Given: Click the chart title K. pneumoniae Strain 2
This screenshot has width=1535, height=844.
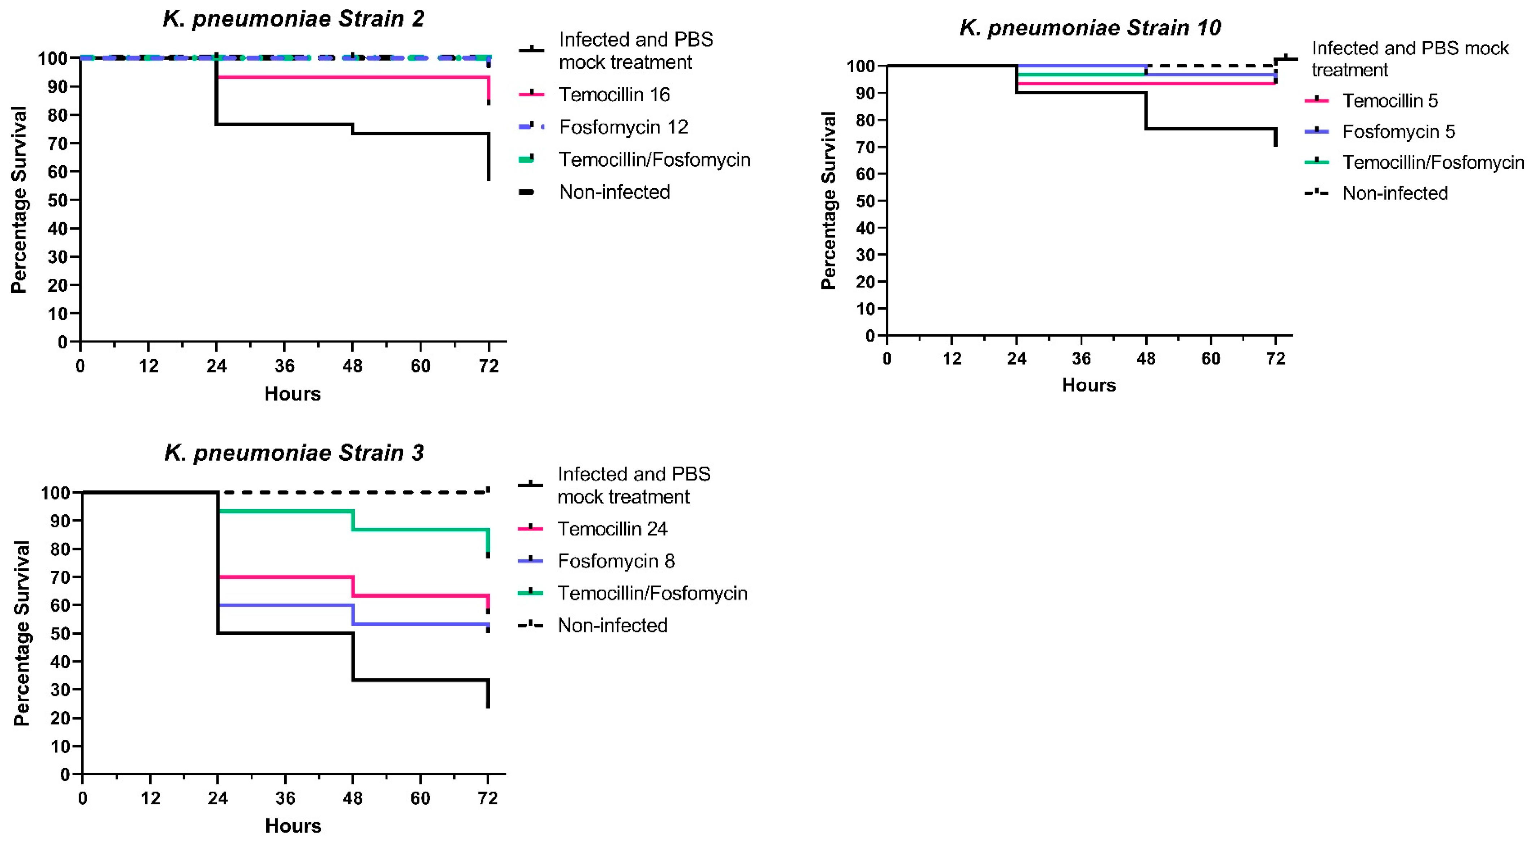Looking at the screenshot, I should click(293, 19).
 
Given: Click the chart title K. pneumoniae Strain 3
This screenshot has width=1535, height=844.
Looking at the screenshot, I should click(294, 453).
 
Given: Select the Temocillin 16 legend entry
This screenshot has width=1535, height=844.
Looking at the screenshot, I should click(614, 95).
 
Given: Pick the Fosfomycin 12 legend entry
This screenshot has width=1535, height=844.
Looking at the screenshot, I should click(623, 127).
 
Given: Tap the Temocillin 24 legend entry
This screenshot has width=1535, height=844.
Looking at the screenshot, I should click(612, 529).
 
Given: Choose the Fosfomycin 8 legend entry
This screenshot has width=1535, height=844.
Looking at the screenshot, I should click(616, 561).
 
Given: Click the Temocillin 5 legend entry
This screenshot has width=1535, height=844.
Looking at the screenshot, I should click(1390, 101).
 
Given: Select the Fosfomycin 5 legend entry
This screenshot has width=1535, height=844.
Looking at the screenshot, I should click(1398, 132).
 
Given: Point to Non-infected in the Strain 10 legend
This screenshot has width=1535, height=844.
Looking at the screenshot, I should click(1394, 193).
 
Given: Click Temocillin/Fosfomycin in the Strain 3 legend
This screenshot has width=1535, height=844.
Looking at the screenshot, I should click(652, 593).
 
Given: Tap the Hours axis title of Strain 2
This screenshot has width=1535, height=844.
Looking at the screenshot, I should click(293, 394).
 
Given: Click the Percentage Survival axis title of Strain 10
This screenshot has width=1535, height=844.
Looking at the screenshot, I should click(828, 201).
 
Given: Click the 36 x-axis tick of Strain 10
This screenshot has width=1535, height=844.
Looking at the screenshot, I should click(1081, 359).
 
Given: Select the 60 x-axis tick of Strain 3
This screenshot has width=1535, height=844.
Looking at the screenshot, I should click(420, 798).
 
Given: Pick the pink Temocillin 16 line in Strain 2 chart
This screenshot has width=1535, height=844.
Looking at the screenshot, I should click(352, 77).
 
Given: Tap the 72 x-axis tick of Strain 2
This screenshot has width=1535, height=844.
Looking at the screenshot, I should click(489, 366).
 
